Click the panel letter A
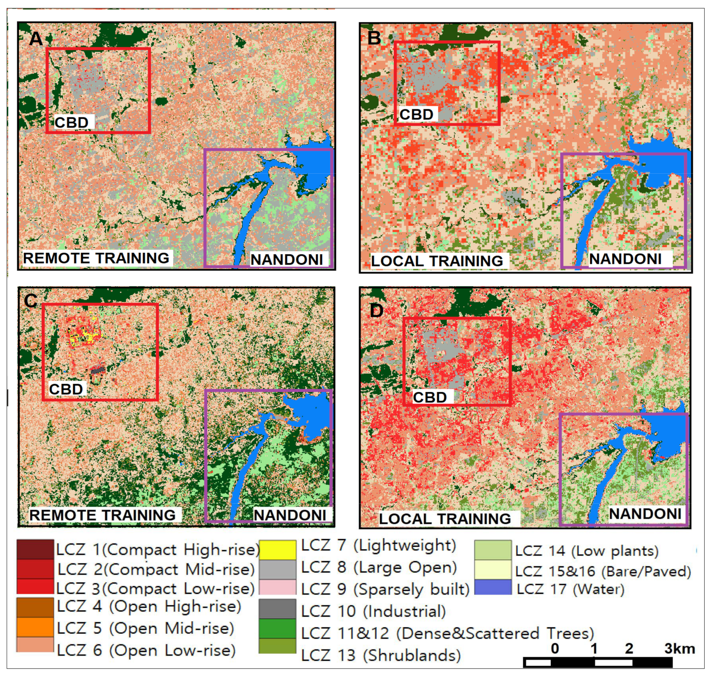35,38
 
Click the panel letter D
377,311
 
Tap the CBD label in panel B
416,115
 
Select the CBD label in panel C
66,389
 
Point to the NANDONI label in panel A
287,259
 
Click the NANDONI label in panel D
645,514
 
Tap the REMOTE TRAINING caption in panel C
102,515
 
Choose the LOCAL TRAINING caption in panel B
437,261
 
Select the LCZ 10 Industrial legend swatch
278,609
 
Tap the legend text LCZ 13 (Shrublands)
381,655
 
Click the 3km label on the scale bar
679,649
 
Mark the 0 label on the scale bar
555,649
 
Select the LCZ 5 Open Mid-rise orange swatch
35,627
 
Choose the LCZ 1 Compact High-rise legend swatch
35,550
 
